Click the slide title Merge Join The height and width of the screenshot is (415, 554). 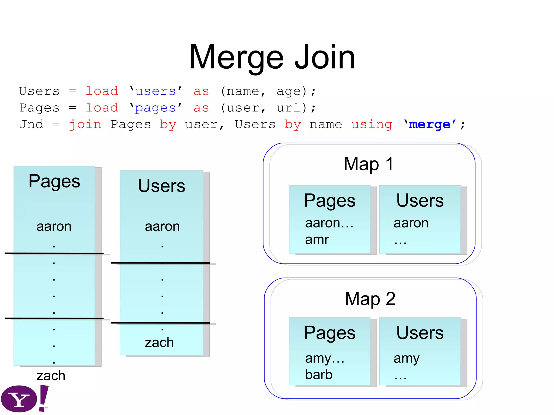click(x=272, y=57)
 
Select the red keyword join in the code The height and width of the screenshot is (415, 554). click(x=85, y=125)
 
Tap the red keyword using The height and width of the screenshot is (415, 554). click(x=372, y=125)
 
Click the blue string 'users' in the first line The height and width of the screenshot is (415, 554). click(x=156, y=91)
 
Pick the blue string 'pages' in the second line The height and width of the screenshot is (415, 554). click(x=156, y=108)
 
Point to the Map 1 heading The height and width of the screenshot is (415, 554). click(x=368, y=164)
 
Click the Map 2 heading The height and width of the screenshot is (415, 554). click(x=370, y=299)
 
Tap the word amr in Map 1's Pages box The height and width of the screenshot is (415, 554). click(x=317, y=239)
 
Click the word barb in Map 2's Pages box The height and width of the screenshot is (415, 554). click(x=319, y=374)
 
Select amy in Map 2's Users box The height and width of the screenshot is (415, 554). click(x=406, y=359)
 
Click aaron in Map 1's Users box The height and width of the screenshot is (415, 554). click(x=411, y=223)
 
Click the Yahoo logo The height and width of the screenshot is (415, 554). click(x=24, y=399)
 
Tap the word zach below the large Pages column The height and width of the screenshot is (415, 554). click(x=51, y=376)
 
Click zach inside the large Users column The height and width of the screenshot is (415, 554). click(x=159, y=343)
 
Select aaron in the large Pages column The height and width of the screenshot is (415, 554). click(x=54, y=226)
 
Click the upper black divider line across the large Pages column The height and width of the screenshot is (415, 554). click(x=54, y=253)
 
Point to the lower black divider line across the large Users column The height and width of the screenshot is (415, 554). click(x=160, y=323)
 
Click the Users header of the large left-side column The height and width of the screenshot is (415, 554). click(x=161, y=186)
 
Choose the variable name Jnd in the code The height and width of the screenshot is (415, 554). click(x=31, y=125)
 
